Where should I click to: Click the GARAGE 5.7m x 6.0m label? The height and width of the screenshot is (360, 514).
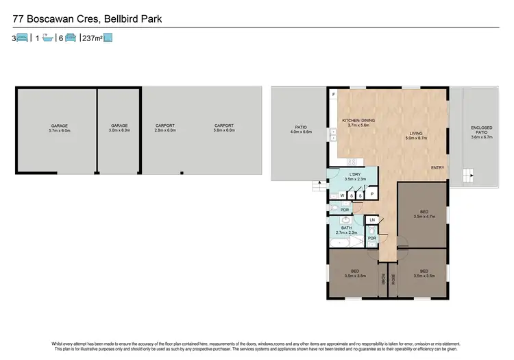60,128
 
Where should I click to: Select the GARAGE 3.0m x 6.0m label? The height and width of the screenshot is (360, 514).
120,128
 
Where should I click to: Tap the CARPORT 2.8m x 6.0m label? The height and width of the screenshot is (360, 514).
165,128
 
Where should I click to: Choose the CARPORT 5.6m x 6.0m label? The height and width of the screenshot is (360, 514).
224,128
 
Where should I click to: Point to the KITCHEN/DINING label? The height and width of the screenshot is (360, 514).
356,123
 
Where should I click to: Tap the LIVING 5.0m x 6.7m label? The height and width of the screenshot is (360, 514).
416,135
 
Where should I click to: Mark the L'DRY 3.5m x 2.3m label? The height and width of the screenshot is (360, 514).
355,176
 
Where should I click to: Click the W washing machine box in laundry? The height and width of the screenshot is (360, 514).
341,195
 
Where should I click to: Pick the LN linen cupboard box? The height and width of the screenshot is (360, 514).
371,220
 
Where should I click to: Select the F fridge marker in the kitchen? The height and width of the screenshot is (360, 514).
334,93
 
